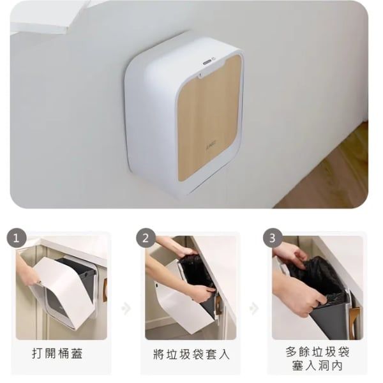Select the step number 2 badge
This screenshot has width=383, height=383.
[x=146, y=238]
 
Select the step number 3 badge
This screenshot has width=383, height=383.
[x=273, y=238]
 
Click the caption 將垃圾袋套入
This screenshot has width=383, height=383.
[x=189, y=353]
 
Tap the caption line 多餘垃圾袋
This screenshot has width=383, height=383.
[x=317, y=352]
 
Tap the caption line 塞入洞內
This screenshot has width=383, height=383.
[x=317, y=367]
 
